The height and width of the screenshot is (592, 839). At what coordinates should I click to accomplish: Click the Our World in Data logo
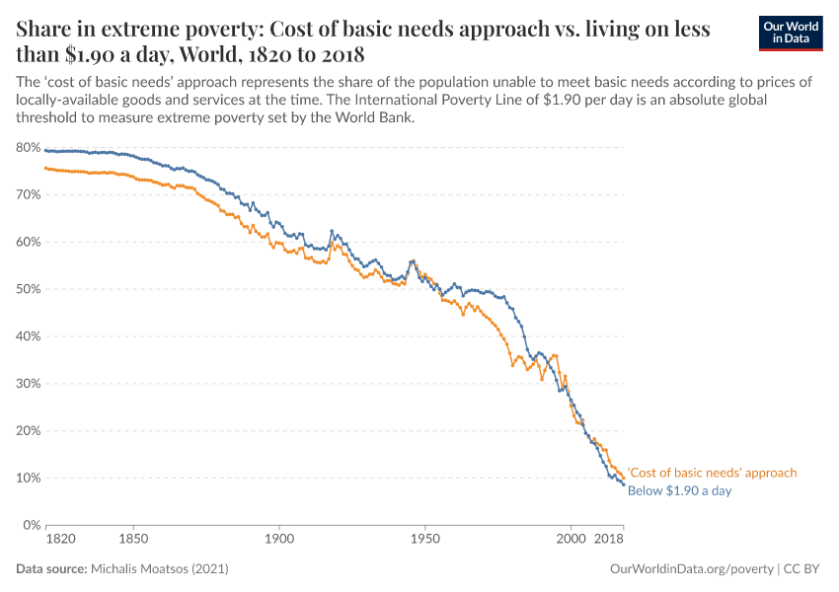tap(790, 33)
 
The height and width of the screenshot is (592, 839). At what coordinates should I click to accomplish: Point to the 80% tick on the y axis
tap(28, 148)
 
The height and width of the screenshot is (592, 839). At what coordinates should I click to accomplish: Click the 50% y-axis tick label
tap(28, 289)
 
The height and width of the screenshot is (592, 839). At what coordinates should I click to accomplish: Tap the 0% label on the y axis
tap(31, 525)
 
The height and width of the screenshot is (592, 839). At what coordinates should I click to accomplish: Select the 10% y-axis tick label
tap(28, 478)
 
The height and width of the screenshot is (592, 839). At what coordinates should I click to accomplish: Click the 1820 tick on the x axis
tap(59, 540)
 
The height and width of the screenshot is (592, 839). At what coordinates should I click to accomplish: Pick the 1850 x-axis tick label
tap(133, 540)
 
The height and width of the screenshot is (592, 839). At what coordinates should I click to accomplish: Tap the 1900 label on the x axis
tap(279, 540)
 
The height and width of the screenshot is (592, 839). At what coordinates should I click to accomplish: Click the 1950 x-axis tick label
tap(424, 540)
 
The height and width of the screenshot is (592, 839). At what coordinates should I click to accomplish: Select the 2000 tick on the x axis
tap(571, 540)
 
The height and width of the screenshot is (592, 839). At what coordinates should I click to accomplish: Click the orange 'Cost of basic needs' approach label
tap(712, 473)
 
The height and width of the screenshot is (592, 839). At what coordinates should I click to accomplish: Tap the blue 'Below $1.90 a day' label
tap(679, 490)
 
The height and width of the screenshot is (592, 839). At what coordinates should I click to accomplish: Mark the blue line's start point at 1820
tap(45, 150)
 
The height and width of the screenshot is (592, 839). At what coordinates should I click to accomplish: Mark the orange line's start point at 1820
tap(45, 168)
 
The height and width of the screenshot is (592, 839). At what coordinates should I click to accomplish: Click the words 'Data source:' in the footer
tap(51, 569)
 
